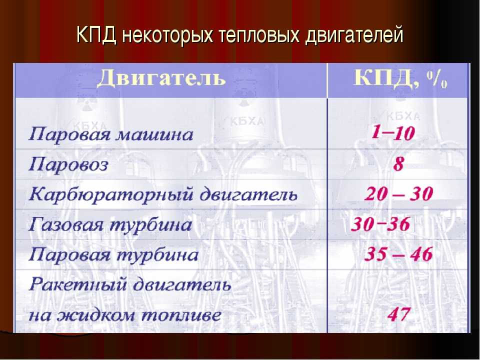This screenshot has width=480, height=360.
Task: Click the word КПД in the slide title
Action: click(96, 34)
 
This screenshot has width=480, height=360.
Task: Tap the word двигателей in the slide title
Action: click(354, 35)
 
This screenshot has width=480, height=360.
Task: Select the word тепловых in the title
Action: click(259, 35)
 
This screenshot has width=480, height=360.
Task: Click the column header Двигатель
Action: click(161, 78)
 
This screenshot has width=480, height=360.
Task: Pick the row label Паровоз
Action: click(68, 164)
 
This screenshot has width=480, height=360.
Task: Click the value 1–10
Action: click(393, 133)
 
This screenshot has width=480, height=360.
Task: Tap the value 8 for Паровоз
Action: click(398, 164)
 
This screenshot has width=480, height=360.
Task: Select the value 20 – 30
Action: click(398, 194)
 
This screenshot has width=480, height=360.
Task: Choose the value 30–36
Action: click(380, 224)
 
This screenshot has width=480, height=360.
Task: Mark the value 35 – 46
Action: click(398, 254)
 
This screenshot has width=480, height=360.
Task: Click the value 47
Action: click(398, 314)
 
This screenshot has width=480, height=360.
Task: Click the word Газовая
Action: click(66, 224)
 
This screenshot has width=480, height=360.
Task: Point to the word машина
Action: click(154, 134)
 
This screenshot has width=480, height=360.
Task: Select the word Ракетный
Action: click(78, 284)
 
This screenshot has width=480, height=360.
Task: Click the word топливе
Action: click(181, 315)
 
